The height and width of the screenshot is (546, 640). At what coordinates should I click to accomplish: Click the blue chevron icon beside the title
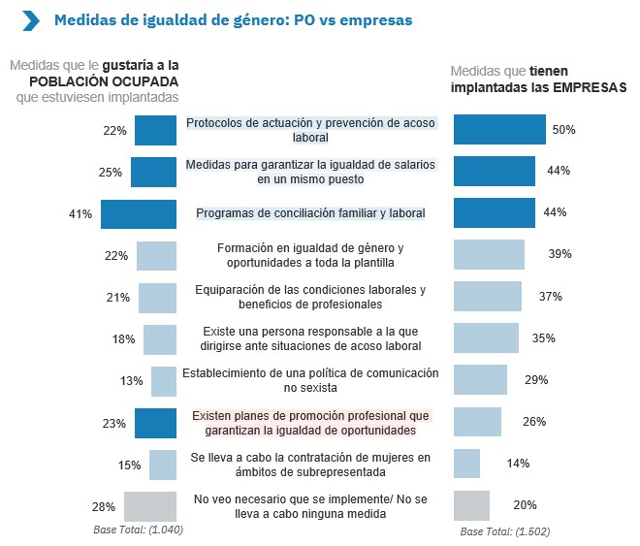tap(31, 20)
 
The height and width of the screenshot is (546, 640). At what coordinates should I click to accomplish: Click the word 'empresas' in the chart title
tap(374, 20)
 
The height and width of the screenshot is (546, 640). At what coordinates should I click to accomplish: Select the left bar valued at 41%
tap(139, 213)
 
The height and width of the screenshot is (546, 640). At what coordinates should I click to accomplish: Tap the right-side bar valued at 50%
tap(499, 130)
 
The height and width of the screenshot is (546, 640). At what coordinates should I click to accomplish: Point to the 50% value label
tap(564, 130)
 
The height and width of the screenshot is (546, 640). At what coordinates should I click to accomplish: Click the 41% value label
tap(80, 213)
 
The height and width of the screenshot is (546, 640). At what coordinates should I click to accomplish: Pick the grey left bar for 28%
tap(150, 506)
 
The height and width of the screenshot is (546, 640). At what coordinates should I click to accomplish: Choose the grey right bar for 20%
tap(471, 505)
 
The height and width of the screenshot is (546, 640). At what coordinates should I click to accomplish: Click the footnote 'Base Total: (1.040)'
tap(138, 530)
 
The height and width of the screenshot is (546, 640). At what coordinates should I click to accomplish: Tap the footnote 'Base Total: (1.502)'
tap(505, 531)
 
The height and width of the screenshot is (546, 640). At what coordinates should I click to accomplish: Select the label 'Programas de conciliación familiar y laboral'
tap(311, 212)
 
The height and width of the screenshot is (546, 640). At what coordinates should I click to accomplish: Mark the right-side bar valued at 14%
tap(466, 464)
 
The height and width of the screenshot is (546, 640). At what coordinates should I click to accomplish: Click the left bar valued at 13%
tap(164, 381)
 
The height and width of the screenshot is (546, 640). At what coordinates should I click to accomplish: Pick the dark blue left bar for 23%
tap(155, 423)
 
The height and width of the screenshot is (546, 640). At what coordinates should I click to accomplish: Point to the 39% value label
tap(560, 254)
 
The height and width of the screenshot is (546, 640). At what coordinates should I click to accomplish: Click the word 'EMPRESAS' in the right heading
tap(590, 86)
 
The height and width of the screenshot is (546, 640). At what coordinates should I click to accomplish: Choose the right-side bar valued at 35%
tap(486, 337)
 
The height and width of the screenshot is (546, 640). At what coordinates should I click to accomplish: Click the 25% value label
tap(111, 173)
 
